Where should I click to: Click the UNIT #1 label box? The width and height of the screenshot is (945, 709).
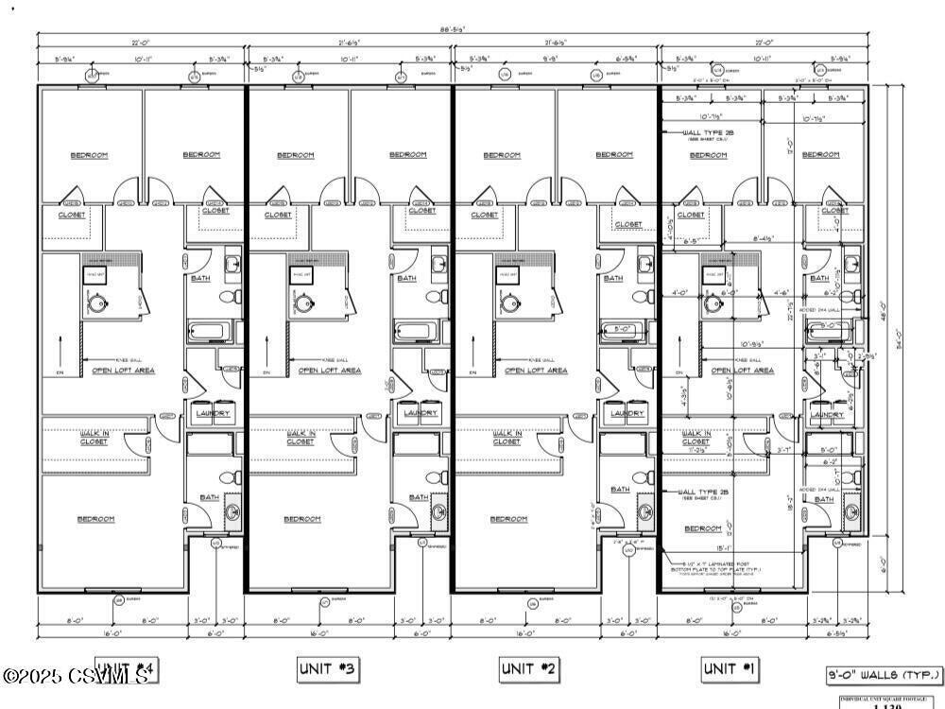click(730, 669)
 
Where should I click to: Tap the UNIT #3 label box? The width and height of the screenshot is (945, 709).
click(328, 669)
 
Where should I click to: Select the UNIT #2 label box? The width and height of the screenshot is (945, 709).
click(530, 669)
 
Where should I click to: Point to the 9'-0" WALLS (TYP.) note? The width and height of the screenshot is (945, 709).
click(885, 675)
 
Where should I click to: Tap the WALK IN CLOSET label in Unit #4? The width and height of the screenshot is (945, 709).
click(94, 438)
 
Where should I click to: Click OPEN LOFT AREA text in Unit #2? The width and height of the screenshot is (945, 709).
click(536, 371)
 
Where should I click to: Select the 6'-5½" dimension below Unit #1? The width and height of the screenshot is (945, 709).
click(835, 633)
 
